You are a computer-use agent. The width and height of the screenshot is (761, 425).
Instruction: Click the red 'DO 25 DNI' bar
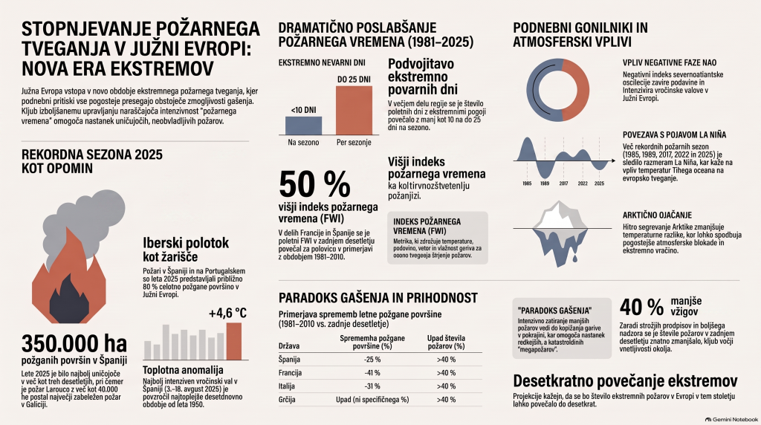[354, 110]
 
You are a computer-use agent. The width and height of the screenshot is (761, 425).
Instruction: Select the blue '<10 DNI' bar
[303, 126]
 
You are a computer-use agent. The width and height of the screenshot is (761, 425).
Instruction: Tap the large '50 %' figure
[314, 184]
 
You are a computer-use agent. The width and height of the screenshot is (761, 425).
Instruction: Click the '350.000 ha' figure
[74, 343]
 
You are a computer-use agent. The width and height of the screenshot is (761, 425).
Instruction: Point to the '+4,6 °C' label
[227, 313]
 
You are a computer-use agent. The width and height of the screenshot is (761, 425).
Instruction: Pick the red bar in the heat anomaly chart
[233, 342]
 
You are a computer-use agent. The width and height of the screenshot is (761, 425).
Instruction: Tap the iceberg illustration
[560, 232]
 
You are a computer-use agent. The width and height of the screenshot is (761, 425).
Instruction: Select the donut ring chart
[557, 90]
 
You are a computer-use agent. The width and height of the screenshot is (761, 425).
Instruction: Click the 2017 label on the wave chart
[563, 184]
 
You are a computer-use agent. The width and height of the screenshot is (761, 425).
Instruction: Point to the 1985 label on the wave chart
[527, 184]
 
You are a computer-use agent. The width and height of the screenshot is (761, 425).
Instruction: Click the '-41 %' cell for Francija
[372, 373]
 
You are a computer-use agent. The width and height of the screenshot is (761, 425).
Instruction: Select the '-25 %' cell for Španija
[372, 360]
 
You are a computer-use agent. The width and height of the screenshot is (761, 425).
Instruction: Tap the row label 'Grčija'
[287, 400]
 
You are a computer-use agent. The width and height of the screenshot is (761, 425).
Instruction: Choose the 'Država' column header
[289, 346]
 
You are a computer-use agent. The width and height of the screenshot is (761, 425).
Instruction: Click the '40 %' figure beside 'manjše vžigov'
[641, 307]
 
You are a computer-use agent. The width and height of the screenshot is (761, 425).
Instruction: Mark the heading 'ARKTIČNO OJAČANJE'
[657, 215]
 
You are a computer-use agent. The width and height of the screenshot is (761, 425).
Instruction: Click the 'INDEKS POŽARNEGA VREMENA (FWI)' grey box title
[427, 226]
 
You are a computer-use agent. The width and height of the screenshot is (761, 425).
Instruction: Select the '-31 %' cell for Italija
[372, 386]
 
